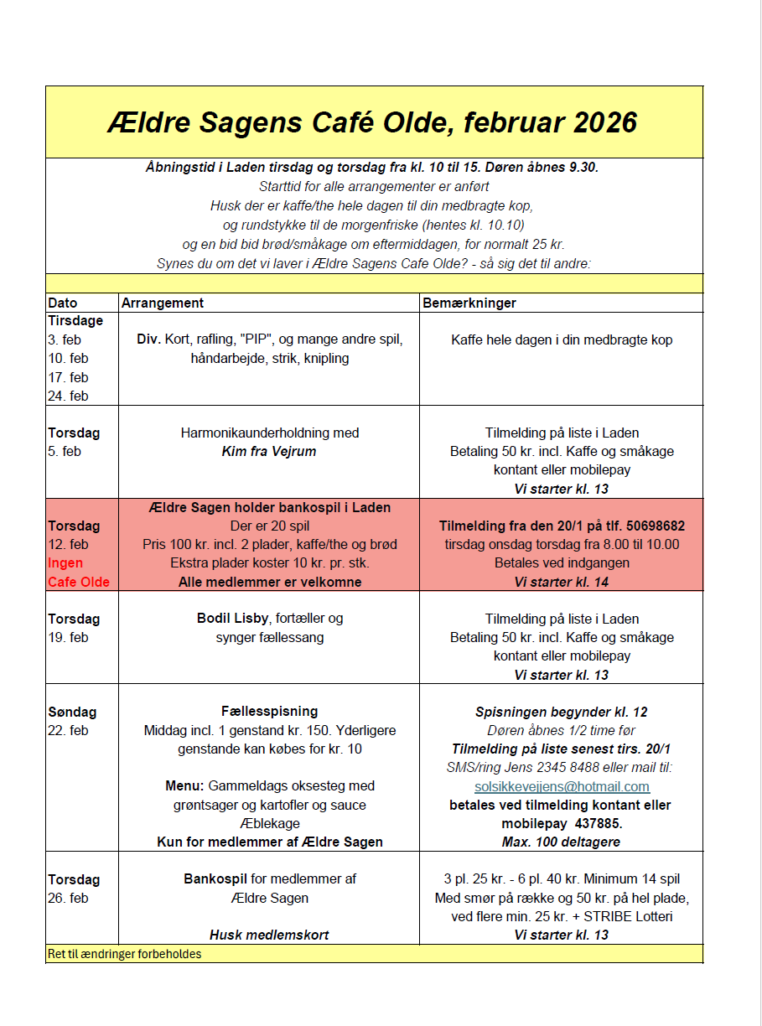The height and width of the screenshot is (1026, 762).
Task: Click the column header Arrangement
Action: click(x=162, y=303)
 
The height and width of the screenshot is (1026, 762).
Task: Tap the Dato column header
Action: click(x=63, y=303)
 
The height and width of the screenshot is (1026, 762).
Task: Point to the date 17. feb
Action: click(x=68, y=377)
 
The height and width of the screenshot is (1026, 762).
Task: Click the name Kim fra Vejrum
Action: click(x=269, y=452)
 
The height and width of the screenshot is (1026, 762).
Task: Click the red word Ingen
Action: click(x=65, y=563)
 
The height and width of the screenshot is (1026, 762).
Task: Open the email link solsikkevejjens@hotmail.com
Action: click(x=562, y=786)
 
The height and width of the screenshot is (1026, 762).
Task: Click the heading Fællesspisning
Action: click(x=269, y=712)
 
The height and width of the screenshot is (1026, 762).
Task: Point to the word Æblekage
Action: click(x=269, y=823)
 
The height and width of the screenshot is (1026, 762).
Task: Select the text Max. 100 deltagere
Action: click(x=562, y=842)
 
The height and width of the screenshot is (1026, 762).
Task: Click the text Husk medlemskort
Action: click(x=269, y=935)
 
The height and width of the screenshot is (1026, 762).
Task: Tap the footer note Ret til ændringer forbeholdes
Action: click(x=125, y=954)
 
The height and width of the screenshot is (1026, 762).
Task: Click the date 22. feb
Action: click(x=68, y=730)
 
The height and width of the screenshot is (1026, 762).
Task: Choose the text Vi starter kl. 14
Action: click(x=562, y=582)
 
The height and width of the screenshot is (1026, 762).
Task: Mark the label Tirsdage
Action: click(x=75, y=321)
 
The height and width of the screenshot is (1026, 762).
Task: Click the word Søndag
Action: click(x=72, y=712)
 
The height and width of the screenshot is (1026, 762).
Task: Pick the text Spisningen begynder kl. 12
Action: click(x=562, y=712)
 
